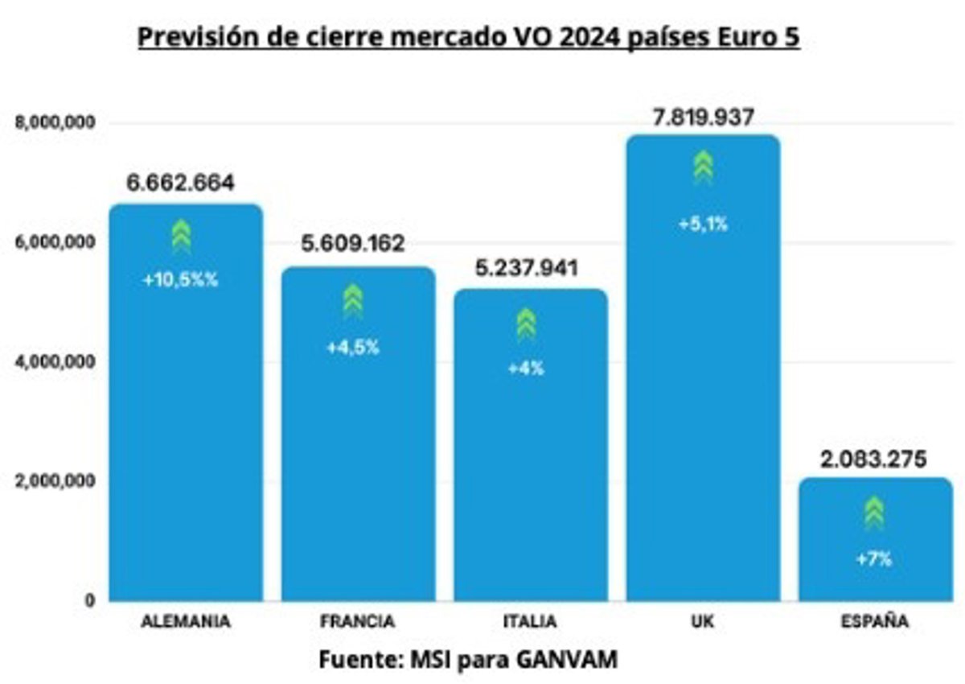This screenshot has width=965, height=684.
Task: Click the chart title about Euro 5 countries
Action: point(469,38)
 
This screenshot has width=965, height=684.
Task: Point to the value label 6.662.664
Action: point(181,183)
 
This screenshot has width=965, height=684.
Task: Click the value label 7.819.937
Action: point(703,117)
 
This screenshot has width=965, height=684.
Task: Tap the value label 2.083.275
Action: point(873,460)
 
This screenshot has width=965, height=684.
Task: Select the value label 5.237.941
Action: point(527,269)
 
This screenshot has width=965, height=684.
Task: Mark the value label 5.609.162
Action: point(353,244)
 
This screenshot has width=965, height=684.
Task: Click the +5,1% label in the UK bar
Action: point(704,225)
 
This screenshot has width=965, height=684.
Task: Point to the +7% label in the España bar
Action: point(874,559)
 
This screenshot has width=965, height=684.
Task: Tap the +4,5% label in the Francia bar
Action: point(353,348)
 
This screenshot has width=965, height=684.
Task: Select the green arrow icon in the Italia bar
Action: point(526,323)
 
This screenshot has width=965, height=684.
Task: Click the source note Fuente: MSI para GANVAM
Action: point(469,660)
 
